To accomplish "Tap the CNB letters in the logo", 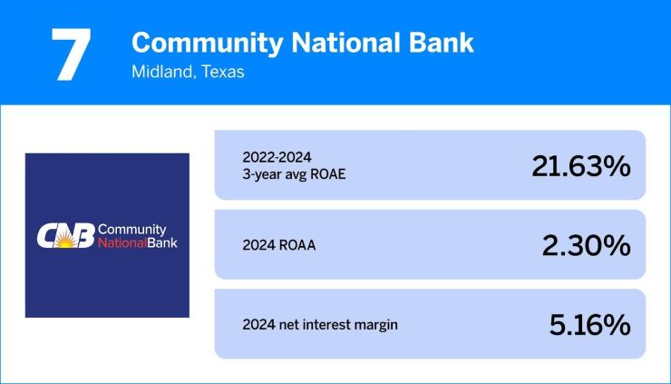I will pos(64,236).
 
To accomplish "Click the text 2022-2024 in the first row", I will pos(271,155).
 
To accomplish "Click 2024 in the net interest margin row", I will pos(258,324).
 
